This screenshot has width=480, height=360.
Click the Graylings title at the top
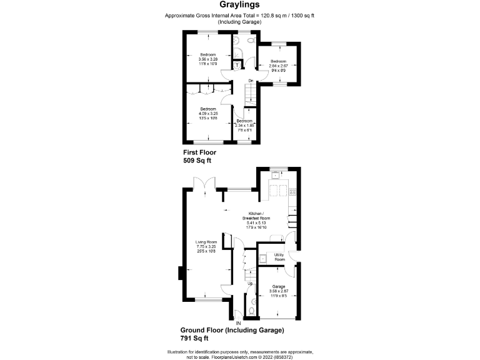pos(239,5)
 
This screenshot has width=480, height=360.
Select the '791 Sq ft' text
pos(196,338)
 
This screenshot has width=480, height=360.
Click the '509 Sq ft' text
pos(197,160)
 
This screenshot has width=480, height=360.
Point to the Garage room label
pos(278,286)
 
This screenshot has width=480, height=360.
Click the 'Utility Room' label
pos(279,257)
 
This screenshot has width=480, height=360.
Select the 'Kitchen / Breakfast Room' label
pos(256,215)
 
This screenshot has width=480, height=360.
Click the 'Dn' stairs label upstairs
pos(250,81)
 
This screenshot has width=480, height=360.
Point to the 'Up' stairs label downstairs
pos(251,283)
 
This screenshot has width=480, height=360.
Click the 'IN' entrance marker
pos(238,323)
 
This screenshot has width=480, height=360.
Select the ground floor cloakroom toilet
pos(251,311)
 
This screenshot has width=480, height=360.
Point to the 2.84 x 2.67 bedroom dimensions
pos(277,64)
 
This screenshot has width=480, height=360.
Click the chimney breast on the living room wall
pos(181,273)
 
